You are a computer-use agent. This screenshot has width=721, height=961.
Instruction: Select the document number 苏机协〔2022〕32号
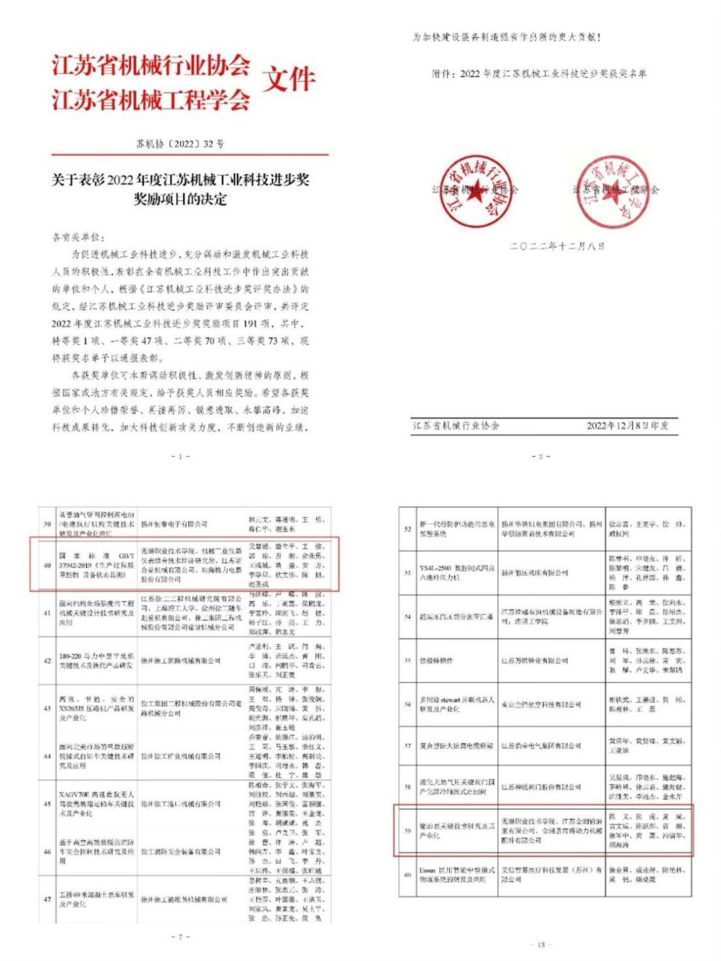[x=180, y=143]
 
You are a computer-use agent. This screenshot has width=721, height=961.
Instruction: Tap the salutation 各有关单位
[x=79, y=237]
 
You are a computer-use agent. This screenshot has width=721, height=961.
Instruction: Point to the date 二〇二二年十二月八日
[x=557, y=247]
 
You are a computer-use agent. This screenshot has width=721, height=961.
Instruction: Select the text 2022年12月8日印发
[x=627, y=426]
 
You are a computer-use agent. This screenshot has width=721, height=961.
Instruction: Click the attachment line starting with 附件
[x=539, y=74]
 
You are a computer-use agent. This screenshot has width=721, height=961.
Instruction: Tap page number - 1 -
[x=180, y=456]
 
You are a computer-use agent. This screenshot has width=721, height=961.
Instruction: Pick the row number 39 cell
[x=47, y=524]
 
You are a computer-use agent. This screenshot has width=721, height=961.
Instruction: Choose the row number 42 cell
[x=47, y=661]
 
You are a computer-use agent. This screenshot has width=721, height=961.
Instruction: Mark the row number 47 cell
[x=47, y=899]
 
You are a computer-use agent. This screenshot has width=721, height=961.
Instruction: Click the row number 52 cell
[x=408, y=529]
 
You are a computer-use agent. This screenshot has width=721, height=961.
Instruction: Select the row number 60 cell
[x=408, y=875]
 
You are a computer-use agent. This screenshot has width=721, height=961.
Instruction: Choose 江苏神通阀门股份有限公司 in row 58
[x=540, y=787]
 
